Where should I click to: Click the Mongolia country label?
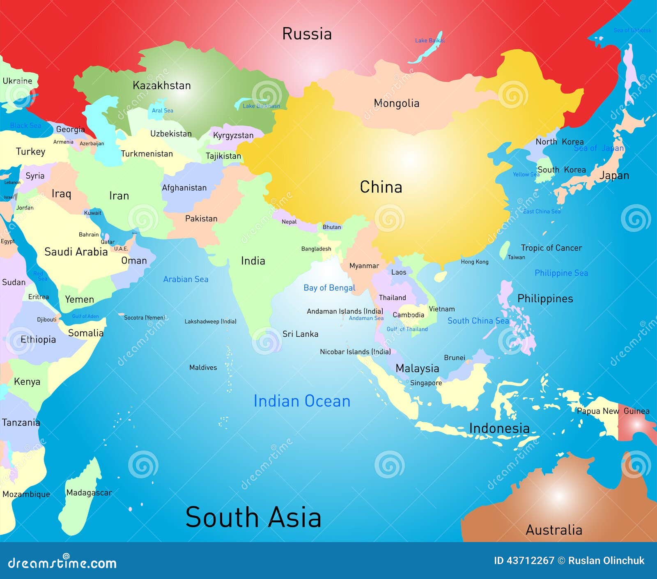pyautogui.click(x=396, y=103)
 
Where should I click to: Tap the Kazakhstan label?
pyautogui.click(x=162, y=85)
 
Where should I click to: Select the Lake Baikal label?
pyautogui.click(x=430, y=40)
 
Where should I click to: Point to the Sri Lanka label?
pyautogui.click(x=300, y=334)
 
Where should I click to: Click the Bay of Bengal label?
pyautogui.click(x=329, y=288)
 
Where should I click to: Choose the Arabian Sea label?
pyautogui.click(x=186, y=279)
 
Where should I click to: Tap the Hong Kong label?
pyautogui.click(x=474, y=262)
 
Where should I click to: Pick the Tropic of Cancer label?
pyautogui.click(x=551, y=248)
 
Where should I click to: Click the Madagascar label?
pyautogui.click(x=89, y=492)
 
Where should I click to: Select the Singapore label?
pyautogui.click(x=426, y=383)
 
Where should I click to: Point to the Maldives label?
pyautogui.click(x=203, y=368)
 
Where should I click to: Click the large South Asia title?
pyautogui.click(x=253, y=517)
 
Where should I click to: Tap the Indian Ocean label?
pyautogui.click(x=302, y=401)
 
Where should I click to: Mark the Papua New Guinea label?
pyautogui.click(x=613, y=411)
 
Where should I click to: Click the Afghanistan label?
pyautogui.click(x=184, y=188)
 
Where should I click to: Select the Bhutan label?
pyautogui.click(x=332, y=227)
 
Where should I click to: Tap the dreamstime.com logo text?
pyautogui.click(x=62, y=563)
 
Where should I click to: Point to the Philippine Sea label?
pyautogui.click(x=561, y=273)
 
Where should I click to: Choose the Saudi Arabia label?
pyautogui.click(x=76, y=252)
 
